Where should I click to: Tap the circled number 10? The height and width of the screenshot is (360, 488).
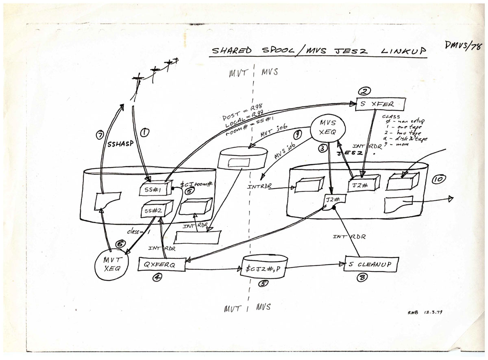coord(438,179)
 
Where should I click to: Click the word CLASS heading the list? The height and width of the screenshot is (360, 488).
coord(392,117)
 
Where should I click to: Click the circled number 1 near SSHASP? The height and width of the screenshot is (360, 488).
coord(144,132)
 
